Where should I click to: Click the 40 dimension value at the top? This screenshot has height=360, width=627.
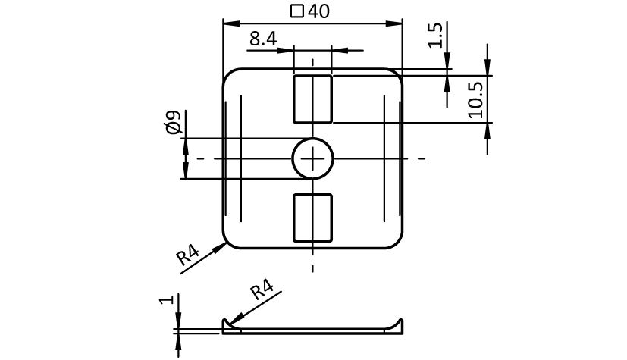tap(318, 11)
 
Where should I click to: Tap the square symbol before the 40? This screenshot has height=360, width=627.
tap(297, 11)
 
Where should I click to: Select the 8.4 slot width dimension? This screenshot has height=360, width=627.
tap(263, 39)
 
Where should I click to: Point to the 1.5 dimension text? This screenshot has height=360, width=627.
tap(435, 36)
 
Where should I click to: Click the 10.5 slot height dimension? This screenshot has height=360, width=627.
tap(475, 100)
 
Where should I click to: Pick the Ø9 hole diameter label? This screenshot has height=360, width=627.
tap(173, 123)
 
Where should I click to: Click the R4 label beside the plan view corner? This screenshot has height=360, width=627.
tap(187, 255)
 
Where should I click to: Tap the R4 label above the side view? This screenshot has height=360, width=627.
tap(262, 290)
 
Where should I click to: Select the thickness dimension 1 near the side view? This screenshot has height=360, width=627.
tap(167, 299)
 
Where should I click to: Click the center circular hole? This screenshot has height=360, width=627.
tap(312, 158)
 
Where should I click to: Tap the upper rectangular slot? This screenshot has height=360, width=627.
tap(312, 99)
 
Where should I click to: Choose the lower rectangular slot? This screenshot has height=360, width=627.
tap(312, 218)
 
